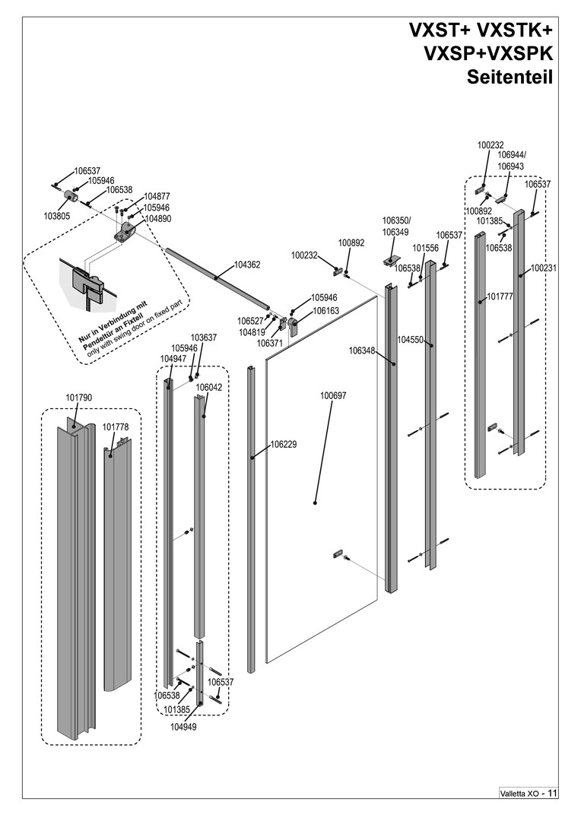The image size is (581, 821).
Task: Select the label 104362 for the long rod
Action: point(247,265)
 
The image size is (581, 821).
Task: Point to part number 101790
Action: point(79,398)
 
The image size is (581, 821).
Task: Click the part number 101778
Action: point(116,427)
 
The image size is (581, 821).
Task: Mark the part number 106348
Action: point(363,351)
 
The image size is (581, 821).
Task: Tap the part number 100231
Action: point(544,268)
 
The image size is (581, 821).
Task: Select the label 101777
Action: point(500,297)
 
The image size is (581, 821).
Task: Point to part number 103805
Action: point(57,216)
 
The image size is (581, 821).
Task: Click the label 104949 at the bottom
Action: point(184,727)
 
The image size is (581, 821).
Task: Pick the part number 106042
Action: point(209,387)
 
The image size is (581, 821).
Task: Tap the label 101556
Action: point(426,248)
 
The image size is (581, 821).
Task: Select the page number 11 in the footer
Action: point(552,793)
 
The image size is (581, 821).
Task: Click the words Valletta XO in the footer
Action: point(519,794)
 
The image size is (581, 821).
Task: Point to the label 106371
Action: point(270,344)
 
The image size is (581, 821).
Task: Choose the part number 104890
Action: point(157,218)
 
